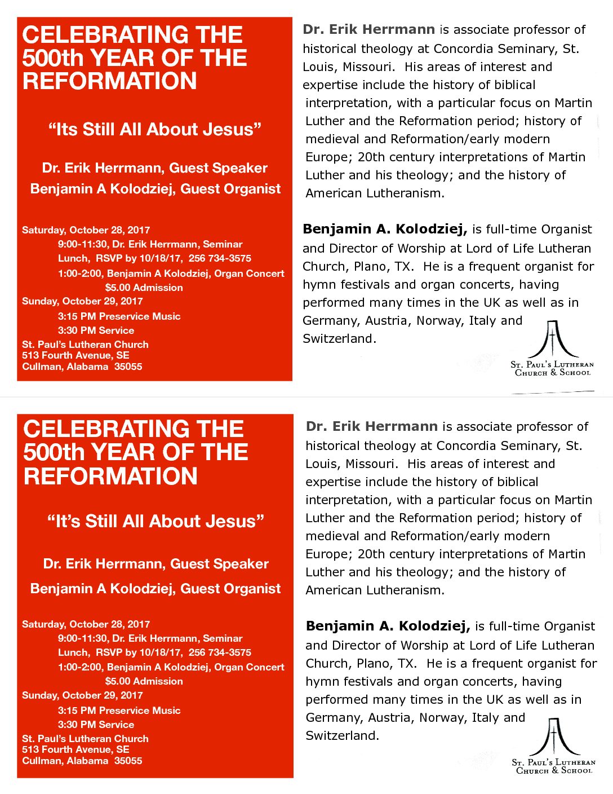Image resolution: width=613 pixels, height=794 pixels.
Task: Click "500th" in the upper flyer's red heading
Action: click(53, 58)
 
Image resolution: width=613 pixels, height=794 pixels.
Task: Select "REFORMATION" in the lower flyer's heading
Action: click(110, 476)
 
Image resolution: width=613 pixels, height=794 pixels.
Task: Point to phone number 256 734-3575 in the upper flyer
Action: click(220, 258)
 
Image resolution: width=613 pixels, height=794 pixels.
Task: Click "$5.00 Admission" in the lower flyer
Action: click(144, 681)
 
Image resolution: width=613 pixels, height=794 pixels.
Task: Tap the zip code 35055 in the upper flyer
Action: click(128, 367)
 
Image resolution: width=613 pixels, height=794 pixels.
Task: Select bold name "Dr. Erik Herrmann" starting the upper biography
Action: click(368, 29)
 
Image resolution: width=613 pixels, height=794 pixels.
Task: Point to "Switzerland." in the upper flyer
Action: click(339, 338)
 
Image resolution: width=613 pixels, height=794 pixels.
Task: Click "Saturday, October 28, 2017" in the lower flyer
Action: click(86, 624)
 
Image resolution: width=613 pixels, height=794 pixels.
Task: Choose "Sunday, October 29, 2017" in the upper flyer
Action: click(82, 301)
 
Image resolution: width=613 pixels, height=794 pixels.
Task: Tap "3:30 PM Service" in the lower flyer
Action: click(96, 725)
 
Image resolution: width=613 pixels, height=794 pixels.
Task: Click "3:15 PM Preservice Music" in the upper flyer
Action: click(119, 316)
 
